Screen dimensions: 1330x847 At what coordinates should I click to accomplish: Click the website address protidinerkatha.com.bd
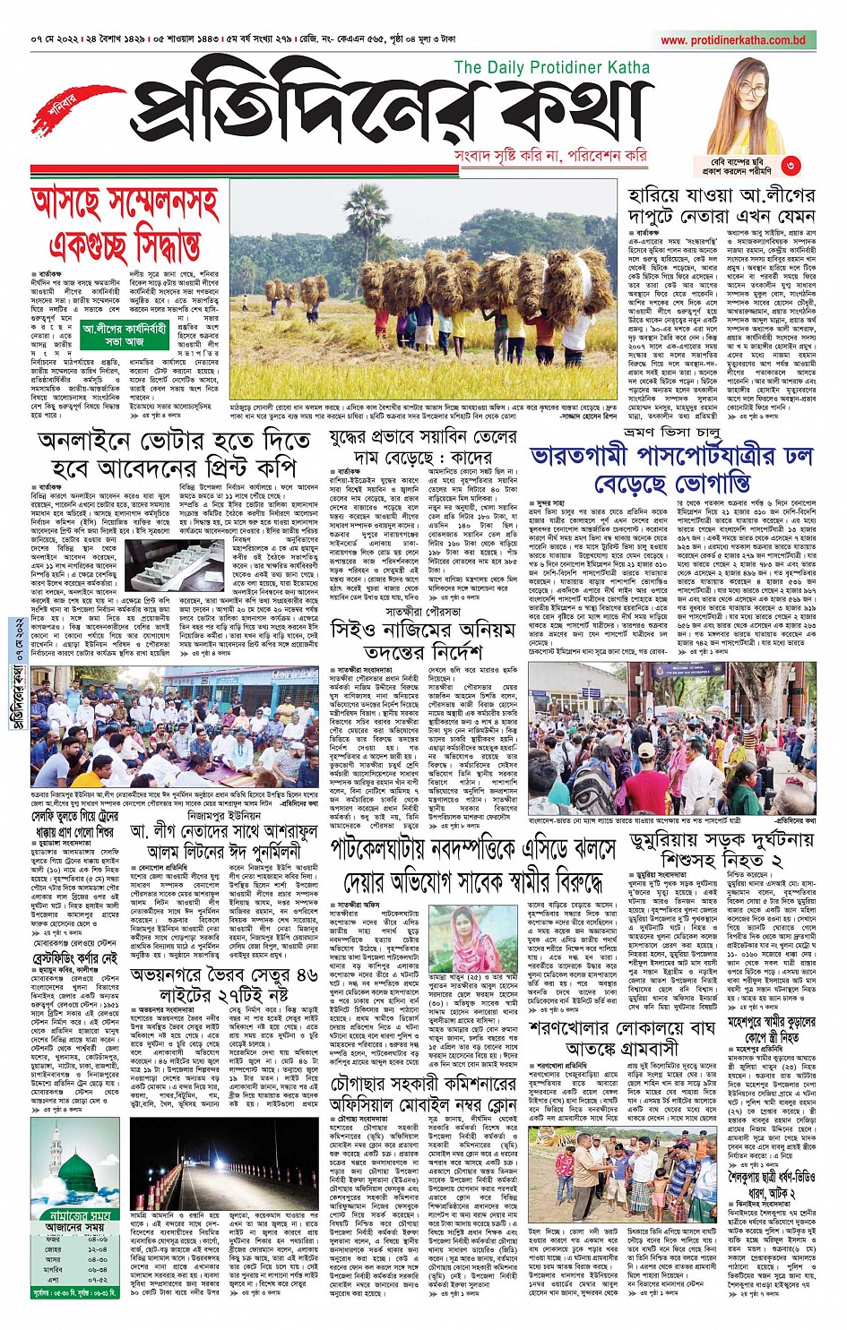pyautogui.click(x=733, y=40)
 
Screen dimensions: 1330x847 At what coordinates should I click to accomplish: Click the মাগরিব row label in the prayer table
pyautogui.click(x=55, y=1268)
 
